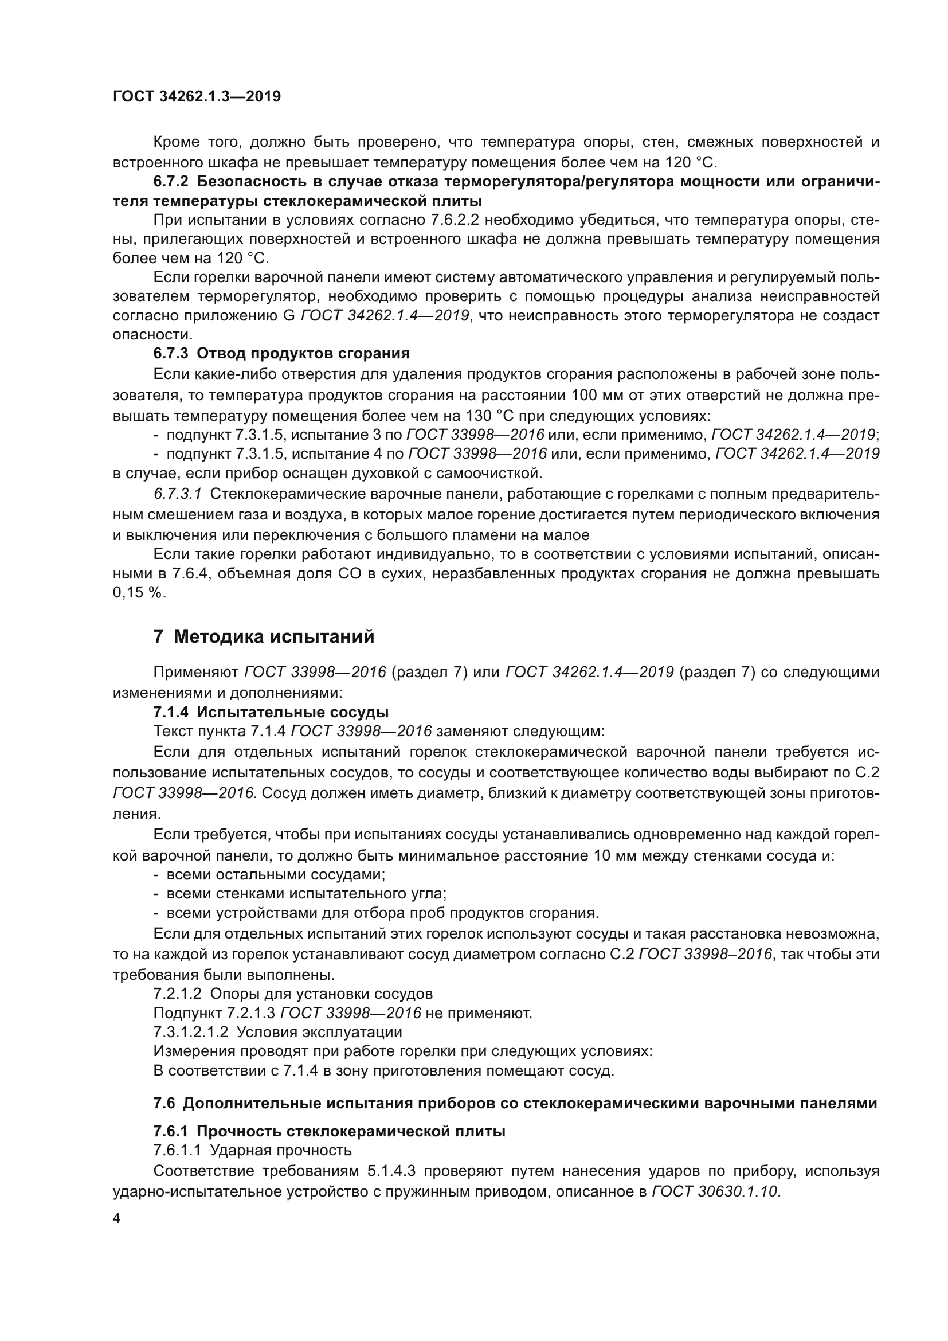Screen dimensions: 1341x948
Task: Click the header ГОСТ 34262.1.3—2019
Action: coord(197,96)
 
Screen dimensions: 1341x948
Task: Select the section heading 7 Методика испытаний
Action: coord(264,636)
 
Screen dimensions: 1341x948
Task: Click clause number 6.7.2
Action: coord(171,181)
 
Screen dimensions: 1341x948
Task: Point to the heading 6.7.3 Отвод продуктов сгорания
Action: coord(281,353)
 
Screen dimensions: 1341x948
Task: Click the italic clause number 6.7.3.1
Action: coord(178,494)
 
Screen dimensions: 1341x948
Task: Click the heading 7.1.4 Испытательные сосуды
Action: coord(271,712)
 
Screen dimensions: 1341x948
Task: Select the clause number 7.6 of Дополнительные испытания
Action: coord(165,1103)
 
